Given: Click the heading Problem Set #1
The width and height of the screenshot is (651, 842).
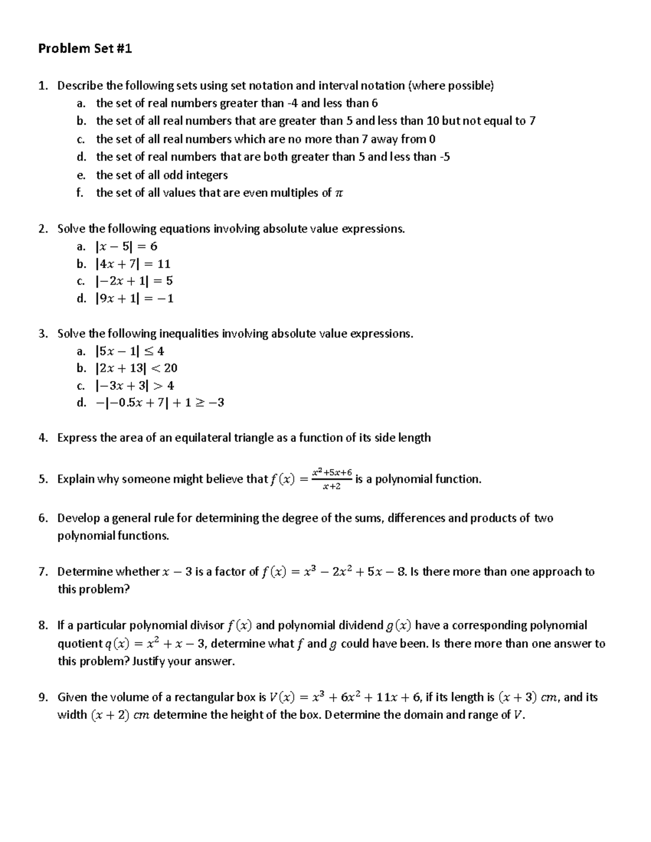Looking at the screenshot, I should [85, 49].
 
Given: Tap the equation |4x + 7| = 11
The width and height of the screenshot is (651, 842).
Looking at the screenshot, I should [132, 264].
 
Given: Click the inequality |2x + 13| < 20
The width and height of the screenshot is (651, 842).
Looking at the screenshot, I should [136, 368].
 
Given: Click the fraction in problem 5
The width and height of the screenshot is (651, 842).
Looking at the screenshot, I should [331, 479].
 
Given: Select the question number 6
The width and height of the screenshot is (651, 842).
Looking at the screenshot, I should [42, 518].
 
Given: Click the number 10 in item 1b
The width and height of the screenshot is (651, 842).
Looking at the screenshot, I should [433, 121].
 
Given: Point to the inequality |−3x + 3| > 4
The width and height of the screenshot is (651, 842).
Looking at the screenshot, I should [134, 386].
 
